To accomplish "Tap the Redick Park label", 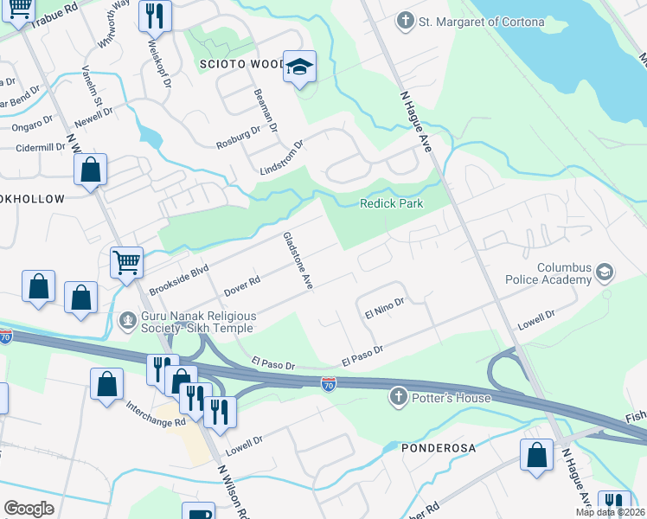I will point(392,203).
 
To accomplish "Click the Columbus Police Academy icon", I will point(604,274).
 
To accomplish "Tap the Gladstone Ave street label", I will point(297,259).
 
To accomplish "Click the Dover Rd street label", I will point(242,284).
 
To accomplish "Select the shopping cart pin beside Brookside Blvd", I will point(126,260).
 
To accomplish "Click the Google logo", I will point(29,508).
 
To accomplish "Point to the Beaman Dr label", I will point(265,110).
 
